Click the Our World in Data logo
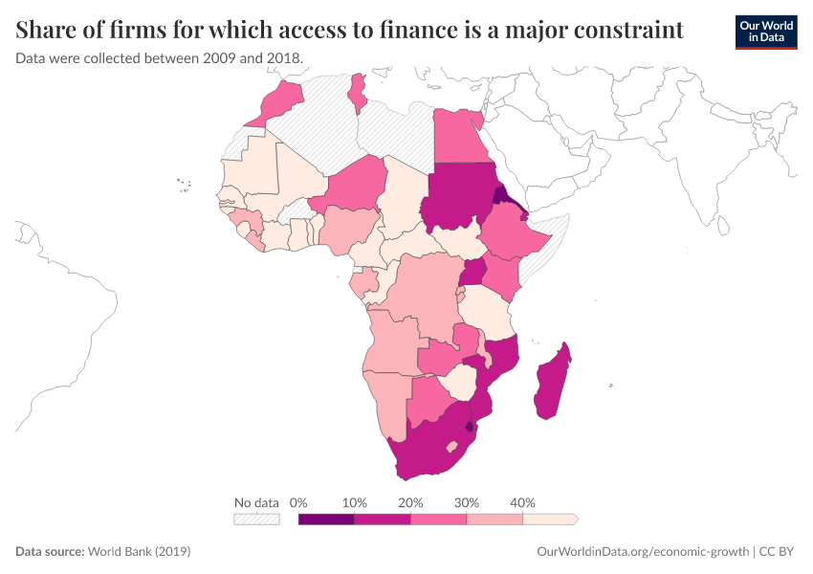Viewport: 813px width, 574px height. click(765, 32)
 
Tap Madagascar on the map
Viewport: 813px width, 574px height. click(552, 383)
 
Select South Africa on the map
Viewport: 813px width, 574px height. click(430, 450)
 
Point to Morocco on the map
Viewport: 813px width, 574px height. click(277, 102)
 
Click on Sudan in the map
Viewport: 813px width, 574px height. click(460, 196)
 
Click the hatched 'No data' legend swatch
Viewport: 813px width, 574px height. click(256, 519)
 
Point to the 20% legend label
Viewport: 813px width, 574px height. click(410, 503)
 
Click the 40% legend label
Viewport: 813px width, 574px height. click(522, 503)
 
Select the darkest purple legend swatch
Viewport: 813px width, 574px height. click(326, 519)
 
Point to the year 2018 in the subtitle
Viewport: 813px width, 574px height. click(283, 58)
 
